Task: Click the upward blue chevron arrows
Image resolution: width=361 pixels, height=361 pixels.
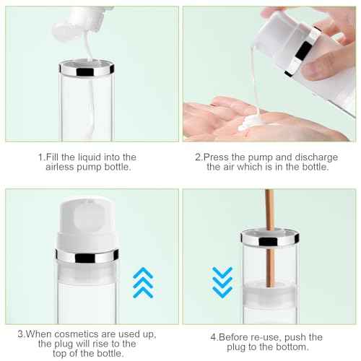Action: click(x=144, y=282)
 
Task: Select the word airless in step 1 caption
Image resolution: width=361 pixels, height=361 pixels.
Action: click(x=63, y=167)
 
